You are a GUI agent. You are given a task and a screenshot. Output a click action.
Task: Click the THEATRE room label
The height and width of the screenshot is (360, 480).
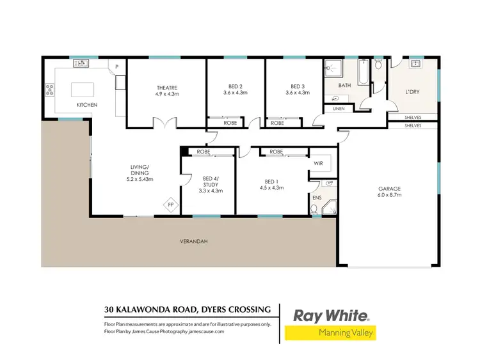click(x=166, y=88)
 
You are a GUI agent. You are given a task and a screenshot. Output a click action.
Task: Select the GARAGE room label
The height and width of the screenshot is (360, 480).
click(x=388, y=189)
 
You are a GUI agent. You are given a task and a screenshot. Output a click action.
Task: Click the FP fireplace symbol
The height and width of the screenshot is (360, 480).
click(x=171, y=205)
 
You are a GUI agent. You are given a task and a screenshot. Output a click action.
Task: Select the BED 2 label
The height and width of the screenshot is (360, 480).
click(x=235, y=88)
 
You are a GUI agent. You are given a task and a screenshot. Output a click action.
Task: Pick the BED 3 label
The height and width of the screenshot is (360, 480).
click(x=298, y=88)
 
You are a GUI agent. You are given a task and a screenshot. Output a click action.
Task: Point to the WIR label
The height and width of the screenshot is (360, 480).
click(x=318, y=164)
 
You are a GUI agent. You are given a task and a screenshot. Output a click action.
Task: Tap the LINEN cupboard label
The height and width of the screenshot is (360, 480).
click(x=337, y=109)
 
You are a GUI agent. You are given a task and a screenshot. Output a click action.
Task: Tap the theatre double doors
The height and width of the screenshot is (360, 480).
click(x=166, y=122)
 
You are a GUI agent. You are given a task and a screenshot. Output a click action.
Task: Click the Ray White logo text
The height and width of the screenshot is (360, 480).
click(x=330, y=315)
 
